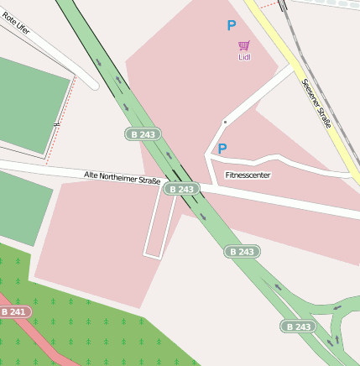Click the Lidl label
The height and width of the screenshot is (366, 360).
pos(244,58)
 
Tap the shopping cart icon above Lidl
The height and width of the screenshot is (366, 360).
pos(244,45)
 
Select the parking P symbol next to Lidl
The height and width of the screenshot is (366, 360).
pos(231,26)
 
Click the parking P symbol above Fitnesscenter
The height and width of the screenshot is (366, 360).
pos(222,149)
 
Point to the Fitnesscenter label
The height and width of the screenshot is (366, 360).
pos(248,175)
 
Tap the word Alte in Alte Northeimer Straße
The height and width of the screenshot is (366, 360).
pos(91,175)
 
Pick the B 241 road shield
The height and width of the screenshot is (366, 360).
pos(14,311)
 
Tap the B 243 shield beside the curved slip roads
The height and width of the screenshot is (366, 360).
pos(298,326)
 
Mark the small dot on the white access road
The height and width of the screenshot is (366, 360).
pos(224,123)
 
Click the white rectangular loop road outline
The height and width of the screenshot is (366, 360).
pos(152,253)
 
